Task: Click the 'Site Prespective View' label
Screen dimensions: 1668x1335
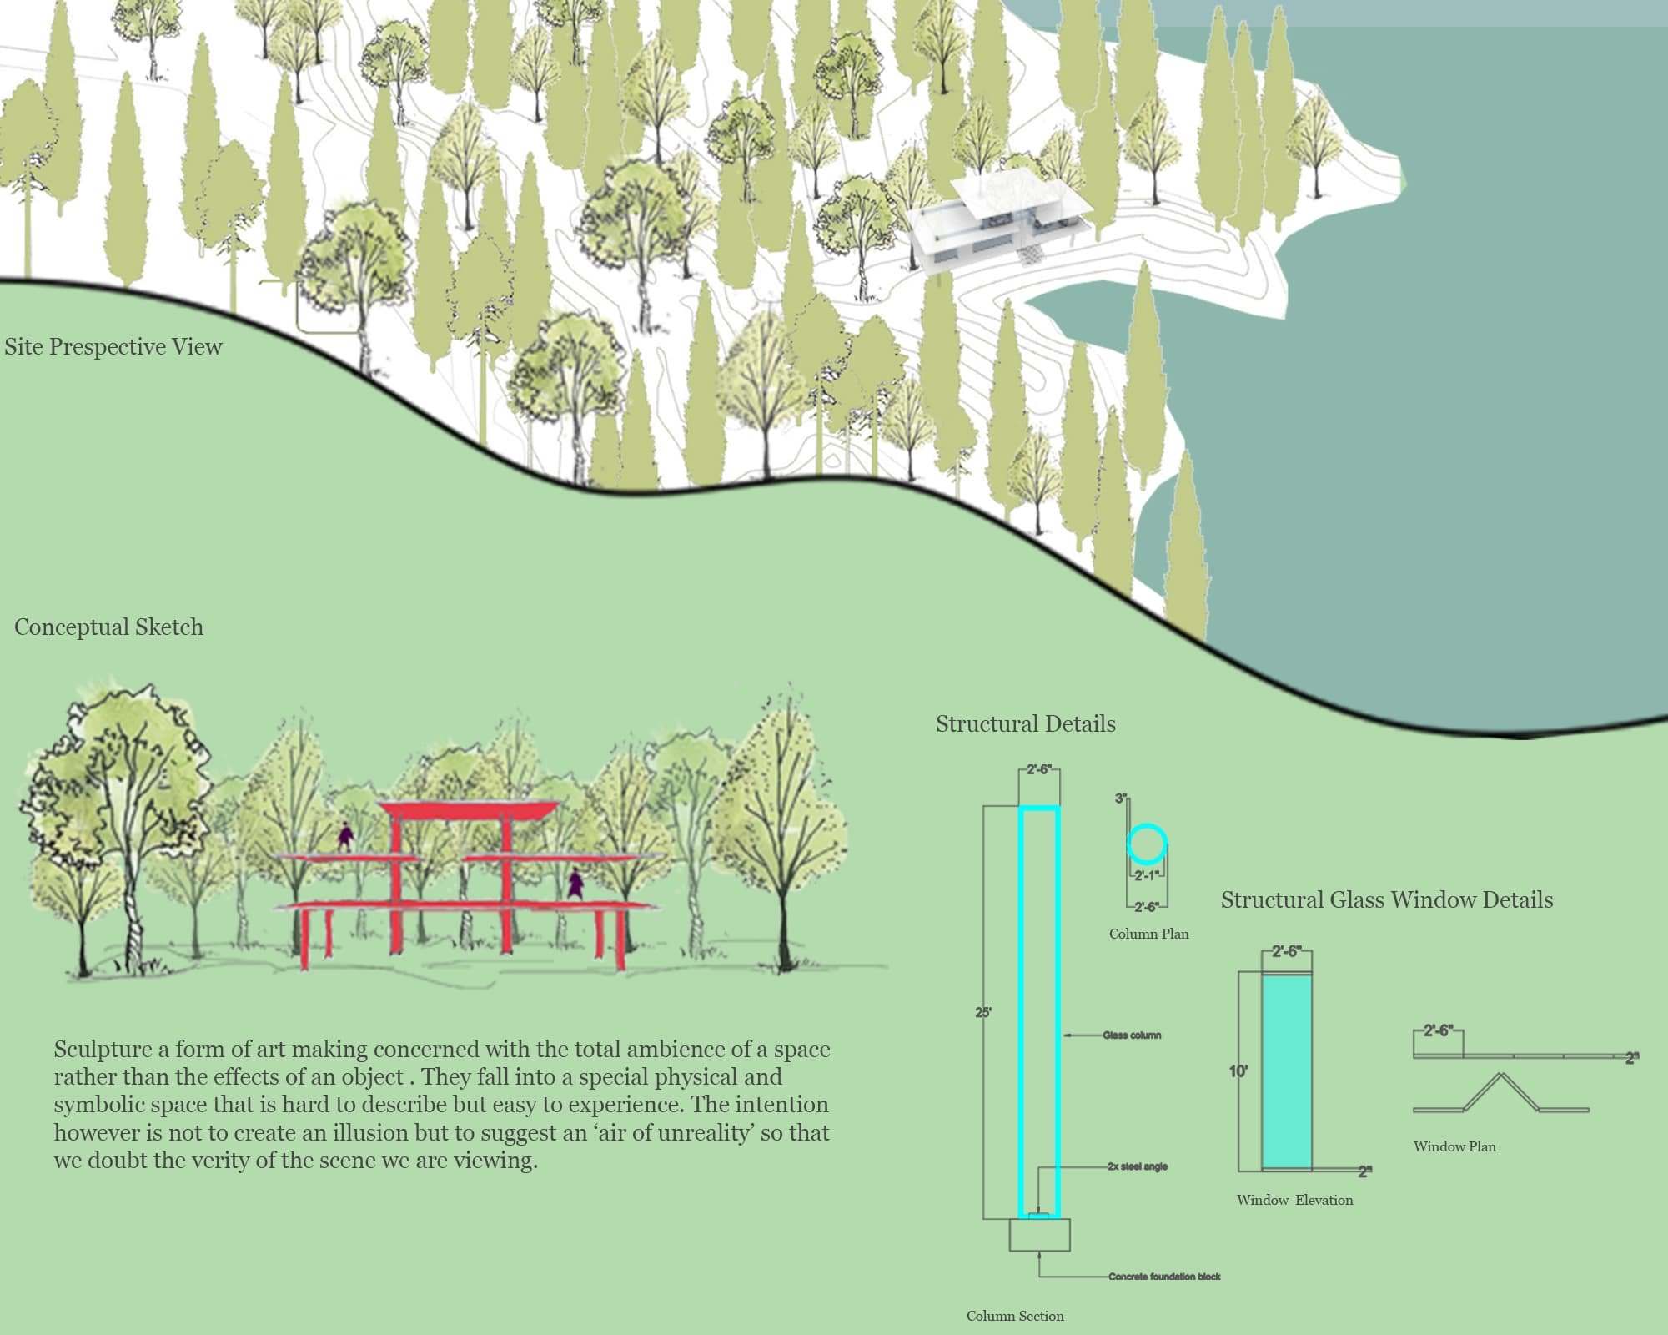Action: tap(113, 347)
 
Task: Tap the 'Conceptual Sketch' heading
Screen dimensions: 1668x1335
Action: tap(108, 627)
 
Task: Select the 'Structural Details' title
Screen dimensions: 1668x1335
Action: tap(1025, 723)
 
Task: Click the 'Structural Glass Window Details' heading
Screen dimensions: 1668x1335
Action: tap(1387, 899)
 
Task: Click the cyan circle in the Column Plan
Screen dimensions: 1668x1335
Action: tap(1147, 844)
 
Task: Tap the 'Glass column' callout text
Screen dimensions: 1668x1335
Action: tap(1132, 1035)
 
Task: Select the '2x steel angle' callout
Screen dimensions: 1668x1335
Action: tap(1138, 1166)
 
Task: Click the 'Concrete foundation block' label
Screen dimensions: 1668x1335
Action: tap(1164, 1277)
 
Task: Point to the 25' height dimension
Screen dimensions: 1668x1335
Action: tap(983, 1013)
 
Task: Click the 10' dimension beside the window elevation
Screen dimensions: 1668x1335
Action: tap(1238, 1071)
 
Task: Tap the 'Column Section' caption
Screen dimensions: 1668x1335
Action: tap(1015, 1316)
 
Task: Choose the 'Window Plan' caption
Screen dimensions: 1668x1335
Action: tap(1454, 1146)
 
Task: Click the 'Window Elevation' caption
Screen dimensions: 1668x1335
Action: tap(1294, 1200)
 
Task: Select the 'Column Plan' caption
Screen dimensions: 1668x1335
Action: tap(1148, 934)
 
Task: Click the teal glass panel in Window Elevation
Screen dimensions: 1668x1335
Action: tap(1287, 1072)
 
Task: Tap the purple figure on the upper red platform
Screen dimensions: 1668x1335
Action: tap(344, 838)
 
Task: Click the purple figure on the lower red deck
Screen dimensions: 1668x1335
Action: tap(575, 884)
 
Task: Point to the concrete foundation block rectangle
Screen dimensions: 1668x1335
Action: tap(1039, 1235)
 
